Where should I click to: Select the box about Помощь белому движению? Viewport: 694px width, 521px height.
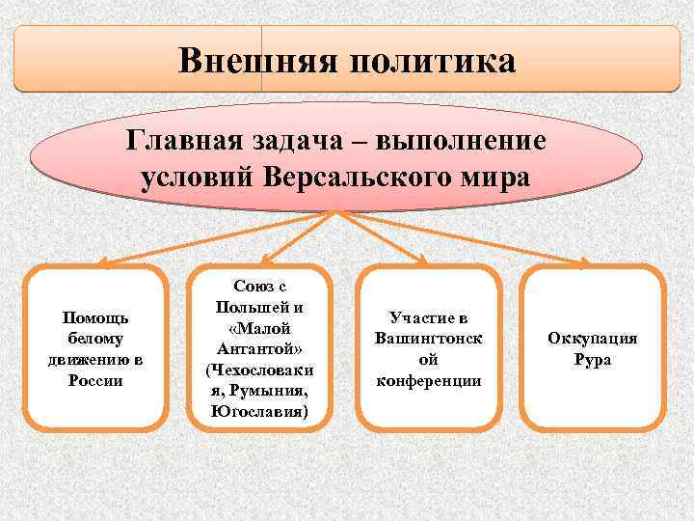click(95, 347)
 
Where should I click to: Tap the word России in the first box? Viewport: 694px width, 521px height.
click(95, 380)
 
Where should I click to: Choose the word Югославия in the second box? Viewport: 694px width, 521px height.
click(256, 412)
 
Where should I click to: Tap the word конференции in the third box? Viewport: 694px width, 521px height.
click(428, 380)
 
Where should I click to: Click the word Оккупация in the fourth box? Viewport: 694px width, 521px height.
click(592, 339)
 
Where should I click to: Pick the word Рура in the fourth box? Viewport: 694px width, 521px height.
click(592, 360)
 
